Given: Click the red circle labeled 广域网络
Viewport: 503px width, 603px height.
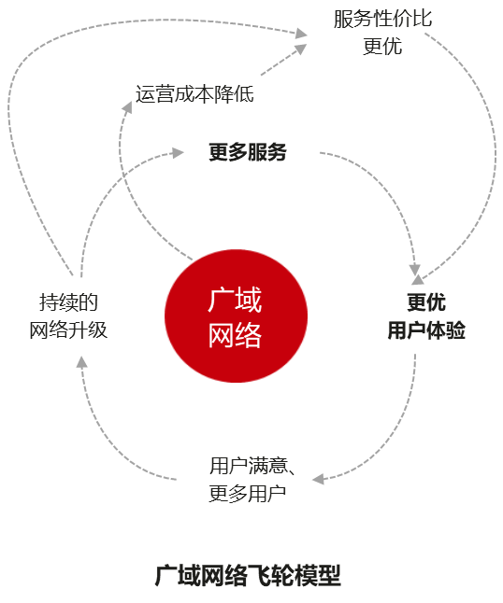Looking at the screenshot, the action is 236,316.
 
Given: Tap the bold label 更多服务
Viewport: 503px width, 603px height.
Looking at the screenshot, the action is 248,152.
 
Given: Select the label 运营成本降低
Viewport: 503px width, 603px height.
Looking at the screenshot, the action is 194,94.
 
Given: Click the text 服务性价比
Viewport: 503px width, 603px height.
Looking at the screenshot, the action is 382,19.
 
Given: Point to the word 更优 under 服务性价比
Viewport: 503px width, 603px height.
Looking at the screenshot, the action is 382,46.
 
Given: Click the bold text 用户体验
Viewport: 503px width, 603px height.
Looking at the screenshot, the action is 426,330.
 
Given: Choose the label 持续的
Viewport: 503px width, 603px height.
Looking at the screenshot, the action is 68,302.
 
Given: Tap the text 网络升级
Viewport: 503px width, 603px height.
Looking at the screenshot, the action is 68,330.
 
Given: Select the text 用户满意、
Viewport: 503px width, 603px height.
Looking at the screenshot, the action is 252,466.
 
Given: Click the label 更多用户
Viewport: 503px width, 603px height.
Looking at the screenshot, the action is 248,494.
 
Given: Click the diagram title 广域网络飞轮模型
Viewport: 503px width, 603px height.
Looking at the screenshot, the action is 248,576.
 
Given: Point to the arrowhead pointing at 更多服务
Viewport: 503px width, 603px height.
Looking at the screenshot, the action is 178,153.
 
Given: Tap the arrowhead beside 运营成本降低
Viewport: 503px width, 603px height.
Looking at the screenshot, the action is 127,107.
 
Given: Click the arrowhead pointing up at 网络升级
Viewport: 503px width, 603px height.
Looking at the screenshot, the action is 81,362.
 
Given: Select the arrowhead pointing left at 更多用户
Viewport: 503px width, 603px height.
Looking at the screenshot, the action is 318,479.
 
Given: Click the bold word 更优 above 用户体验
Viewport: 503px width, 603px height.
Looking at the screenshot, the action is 426,302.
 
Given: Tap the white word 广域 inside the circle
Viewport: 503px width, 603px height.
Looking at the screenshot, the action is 235,300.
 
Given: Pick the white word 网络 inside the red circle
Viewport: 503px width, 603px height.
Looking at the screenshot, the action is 235,335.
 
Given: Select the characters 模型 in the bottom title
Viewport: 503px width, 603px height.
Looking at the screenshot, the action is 317,576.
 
